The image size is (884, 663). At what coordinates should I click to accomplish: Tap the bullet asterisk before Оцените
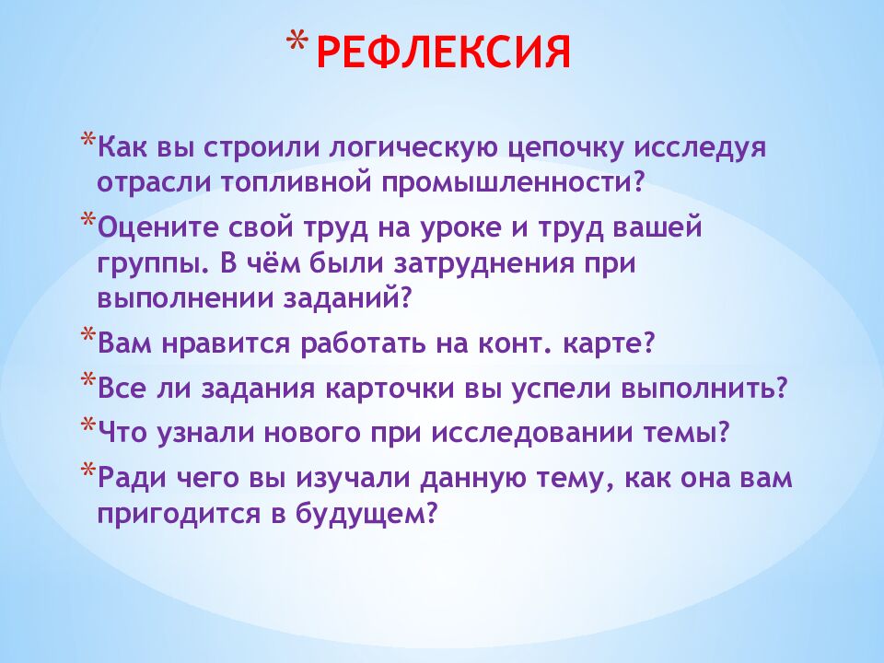87,218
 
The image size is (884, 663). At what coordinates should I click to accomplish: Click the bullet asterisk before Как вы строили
87,139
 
